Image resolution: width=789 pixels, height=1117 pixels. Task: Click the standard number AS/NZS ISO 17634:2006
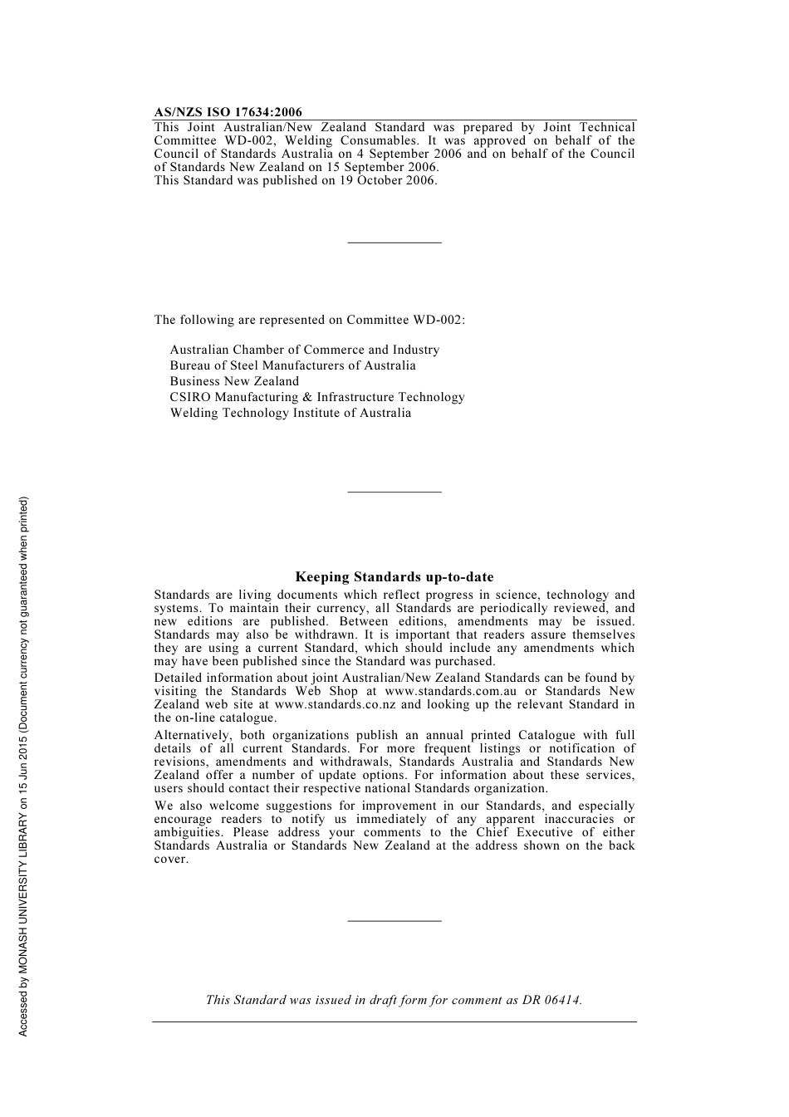coord(228,112)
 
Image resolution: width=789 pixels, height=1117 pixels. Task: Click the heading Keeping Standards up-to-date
coord(394,577)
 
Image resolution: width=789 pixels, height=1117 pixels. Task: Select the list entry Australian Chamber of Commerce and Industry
coord(304,350)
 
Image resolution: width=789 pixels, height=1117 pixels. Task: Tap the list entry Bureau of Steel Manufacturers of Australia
coord(292,365)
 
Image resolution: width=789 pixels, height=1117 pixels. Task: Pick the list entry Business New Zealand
coord(234,381)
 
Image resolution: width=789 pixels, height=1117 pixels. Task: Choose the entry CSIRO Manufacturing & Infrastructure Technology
coord(317,397)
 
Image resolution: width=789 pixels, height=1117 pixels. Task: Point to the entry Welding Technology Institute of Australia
coord(290,413)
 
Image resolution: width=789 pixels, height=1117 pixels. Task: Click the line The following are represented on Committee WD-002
coord(309,320)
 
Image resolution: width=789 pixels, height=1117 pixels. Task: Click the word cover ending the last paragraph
coord(170,859)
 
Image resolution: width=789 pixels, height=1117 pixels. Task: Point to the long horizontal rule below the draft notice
coord(394,1021)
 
